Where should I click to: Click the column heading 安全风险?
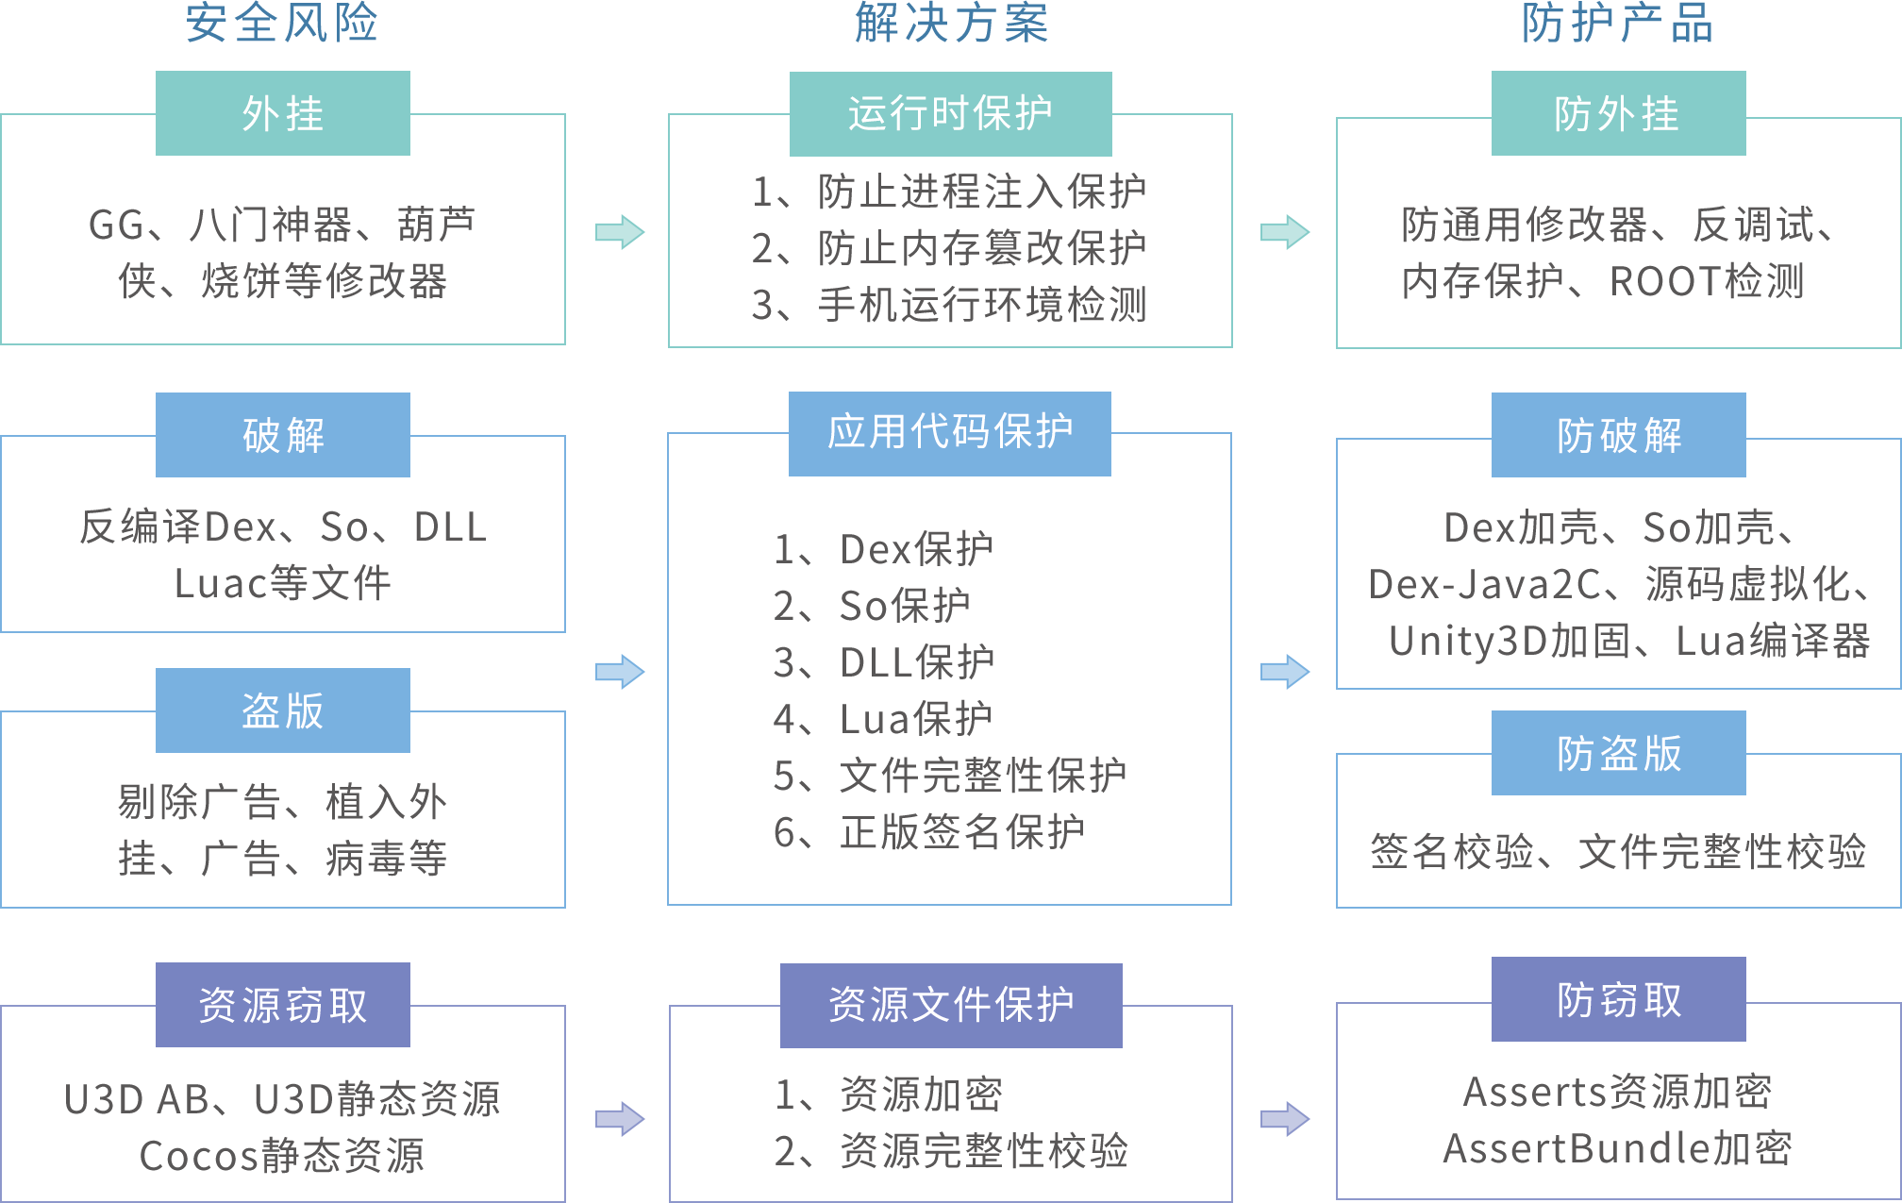[x=282, y=23]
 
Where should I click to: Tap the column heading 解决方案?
[x=951, y=23]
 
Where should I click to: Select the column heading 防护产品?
[x=1617, y=23]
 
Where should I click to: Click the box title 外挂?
[x=283, y=114]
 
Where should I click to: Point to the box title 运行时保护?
[x=950, y=113]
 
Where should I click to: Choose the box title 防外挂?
[x=1617, y=114]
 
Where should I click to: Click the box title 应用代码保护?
[x=950, y=431]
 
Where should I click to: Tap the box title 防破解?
[x=1619, y=436]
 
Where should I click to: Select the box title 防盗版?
[x=1619, y=754]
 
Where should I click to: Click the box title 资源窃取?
[x=283, y=1006]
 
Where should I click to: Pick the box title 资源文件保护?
[x=951, y=1005]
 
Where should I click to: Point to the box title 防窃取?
[x=1619, y=1000]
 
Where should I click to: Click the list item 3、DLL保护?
[x=884, y=662]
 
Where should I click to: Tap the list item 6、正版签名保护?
[x=928, y=832]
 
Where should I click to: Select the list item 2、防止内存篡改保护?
[x=948, y=248]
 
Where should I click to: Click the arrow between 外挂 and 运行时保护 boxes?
[x=620, y=232]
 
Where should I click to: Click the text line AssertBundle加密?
[x=1617, y=1148]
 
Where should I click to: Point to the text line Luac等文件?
[x=282, y=582]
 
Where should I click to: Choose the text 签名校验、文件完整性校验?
[x=1618, y=851]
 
